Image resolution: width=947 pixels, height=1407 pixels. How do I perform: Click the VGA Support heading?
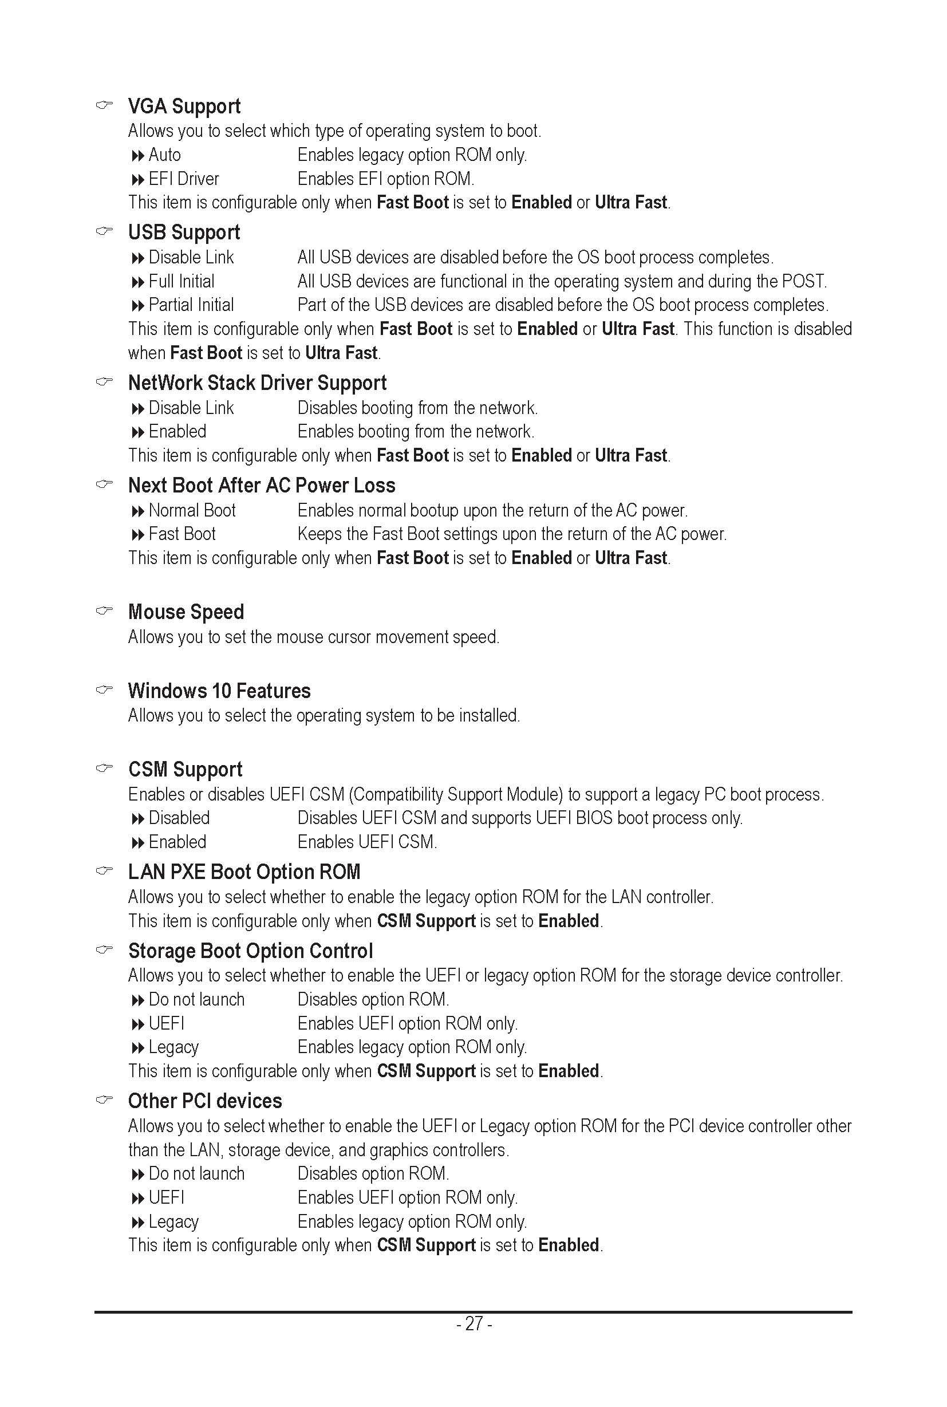tap(184, 107)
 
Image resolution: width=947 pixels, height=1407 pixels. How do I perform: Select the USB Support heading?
tap(184, 232)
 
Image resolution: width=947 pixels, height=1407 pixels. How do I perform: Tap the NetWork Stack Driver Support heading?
tap(257, 383)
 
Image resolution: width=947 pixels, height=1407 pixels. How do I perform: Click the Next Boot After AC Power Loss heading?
tap(262, 486)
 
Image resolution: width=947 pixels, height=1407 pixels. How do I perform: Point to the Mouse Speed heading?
tap(186, 612)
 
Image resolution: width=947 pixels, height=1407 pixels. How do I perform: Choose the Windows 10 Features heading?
tap(219, 691)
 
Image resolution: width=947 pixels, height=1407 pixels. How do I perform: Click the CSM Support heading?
tap(185, 770)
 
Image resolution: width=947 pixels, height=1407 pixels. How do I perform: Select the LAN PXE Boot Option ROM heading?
tap(244, 872)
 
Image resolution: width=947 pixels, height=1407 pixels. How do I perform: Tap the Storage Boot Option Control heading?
tap(251, 951)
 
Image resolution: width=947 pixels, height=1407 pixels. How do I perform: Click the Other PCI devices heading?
tap(205, 1101)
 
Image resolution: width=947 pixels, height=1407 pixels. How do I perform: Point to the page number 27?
tap(474, 1323)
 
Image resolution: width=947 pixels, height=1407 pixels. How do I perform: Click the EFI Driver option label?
tap(184, 179)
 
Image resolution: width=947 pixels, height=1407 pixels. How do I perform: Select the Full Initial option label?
tap(181, 282)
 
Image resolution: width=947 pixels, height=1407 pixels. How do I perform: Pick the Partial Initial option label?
tap(191, 305)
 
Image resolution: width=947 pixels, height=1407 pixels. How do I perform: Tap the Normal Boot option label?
tap(192, 510)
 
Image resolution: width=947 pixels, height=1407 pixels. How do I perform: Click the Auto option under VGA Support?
tap(164, 155)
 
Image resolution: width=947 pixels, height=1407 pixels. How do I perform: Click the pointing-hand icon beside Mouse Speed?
tap(104, 611)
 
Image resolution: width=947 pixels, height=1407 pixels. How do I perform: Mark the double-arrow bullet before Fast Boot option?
tap(138, 535)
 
